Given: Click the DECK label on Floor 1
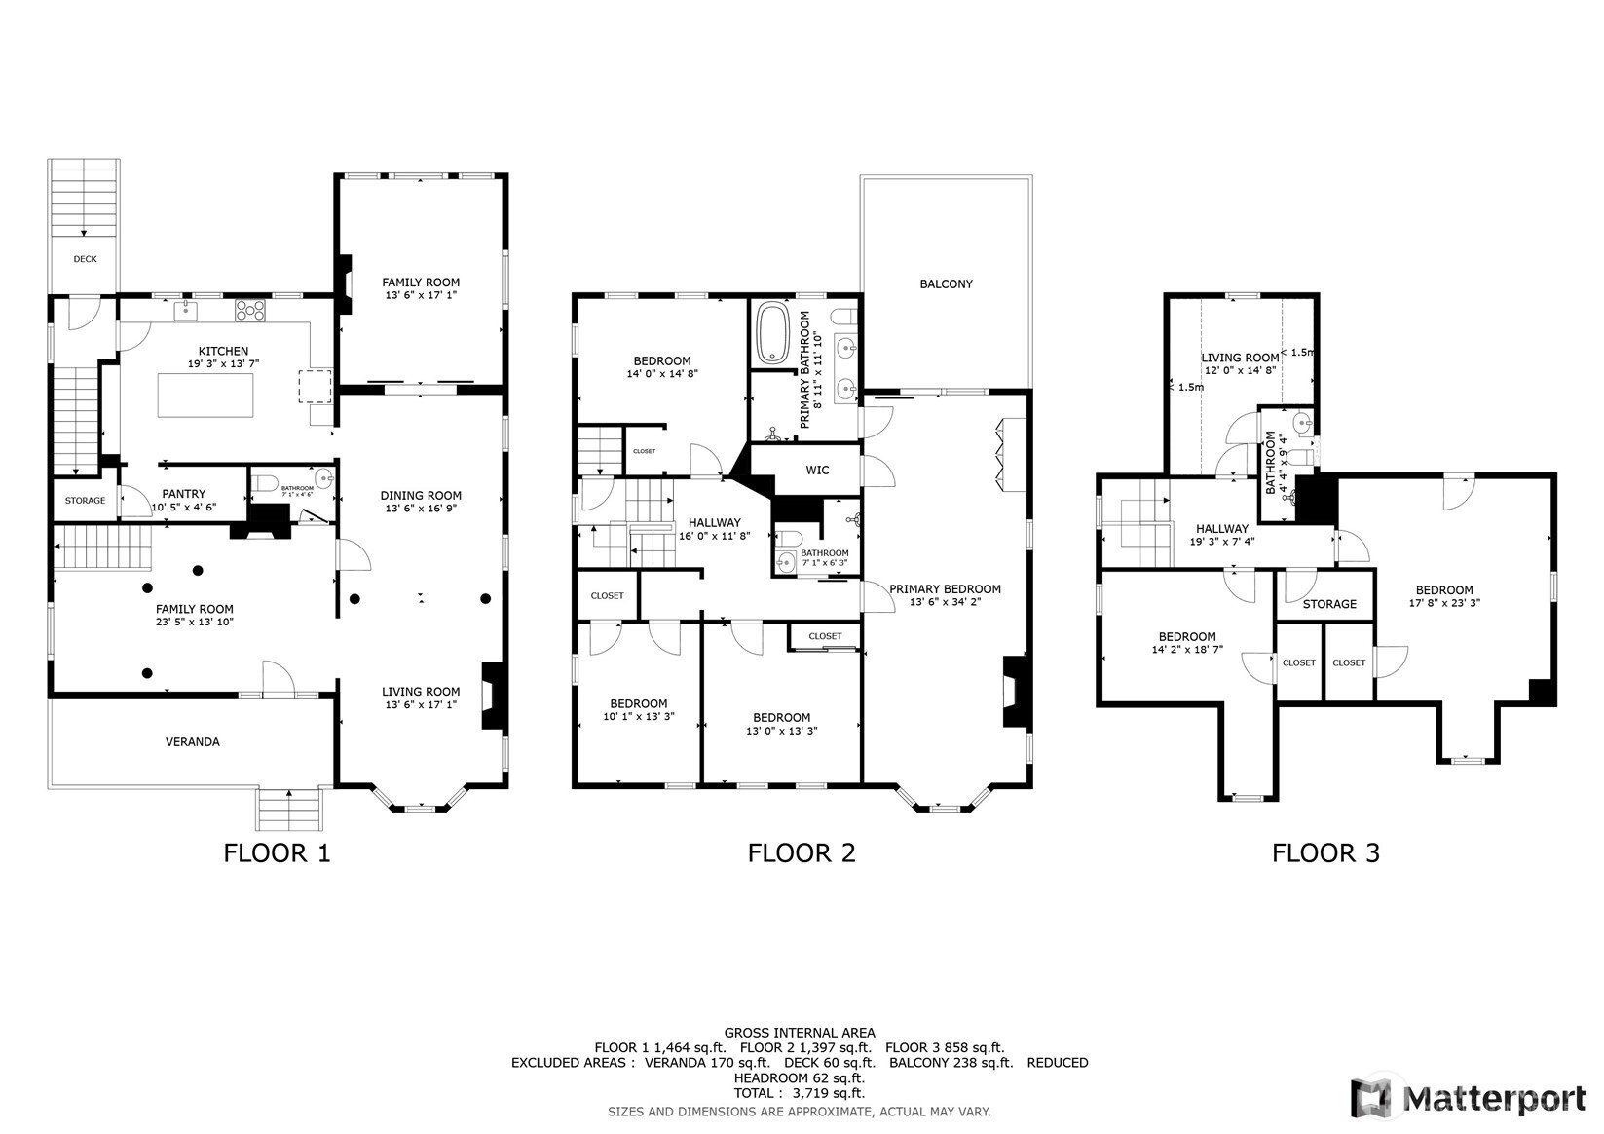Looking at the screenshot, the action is point(85,259).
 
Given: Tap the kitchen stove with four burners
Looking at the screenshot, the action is point(250,310).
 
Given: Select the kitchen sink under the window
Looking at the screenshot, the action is point(186,311).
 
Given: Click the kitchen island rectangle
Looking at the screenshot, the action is point(205,394).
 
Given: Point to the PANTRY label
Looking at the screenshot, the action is point(184,494).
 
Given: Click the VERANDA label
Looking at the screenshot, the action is point(193,742).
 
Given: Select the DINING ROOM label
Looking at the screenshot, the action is point(421,496).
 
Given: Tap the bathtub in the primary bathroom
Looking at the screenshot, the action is point(772,333).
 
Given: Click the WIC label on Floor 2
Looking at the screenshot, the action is point(818,470).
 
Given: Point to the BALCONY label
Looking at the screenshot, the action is point(947,284).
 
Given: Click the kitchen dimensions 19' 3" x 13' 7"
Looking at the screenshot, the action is point(223,364).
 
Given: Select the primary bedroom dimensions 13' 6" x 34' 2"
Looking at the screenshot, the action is point(946,602).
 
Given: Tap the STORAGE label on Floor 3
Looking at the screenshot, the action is point(1329,605).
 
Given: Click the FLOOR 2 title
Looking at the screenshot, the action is point(802,853).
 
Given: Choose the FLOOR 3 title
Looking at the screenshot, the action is point(1326,853).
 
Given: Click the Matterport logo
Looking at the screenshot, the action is point(1469,1098).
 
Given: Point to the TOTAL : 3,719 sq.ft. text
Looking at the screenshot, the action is point(800,1093).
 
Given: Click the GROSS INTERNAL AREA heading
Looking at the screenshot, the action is point(800,1033).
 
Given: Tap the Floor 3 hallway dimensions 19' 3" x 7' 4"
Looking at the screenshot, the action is point(1222,543).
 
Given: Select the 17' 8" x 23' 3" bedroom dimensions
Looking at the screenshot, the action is point(1444,603).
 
